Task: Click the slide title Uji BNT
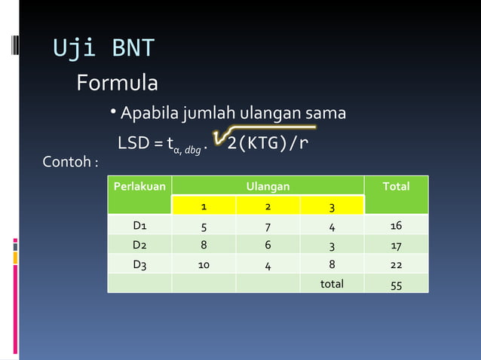click(103, 48)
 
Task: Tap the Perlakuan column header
click(139, 186)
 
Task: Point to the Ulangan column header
click(268, 186)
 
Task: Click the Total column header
click(396, 186)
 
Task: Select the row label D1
click(139, 225)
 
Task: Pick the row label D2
click(139, 245)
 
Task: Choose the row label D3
click(139, 264)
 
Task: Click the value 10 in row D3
click(204, 264)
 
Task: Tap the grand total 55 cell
click(396, 285)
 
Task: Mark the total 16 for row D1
click(396, 225)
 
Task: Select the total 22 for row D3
click(396, 264)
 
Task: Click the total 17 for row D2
click(396, 245)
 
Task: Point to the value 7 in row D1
click(268, 225)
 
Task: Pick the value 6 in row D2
click(268, 245)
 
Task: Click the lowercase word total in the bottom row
click(332, 284)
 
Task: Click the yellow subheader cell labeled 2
click(268, 206)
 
